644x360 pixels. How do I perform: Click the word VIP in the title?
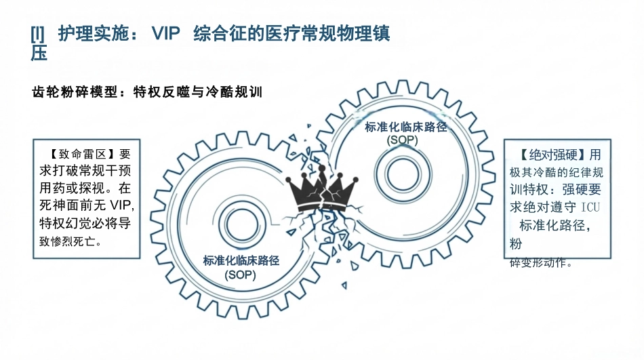pos(166,33)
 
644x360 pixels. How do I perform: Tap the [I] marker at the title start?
pos(37,34)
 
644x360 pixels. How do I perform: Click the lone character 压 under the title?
pos(39,53)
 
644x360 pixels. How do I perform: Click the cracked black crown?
pos(321,189)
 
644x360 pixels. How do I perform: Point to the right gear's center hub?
pos(403,174)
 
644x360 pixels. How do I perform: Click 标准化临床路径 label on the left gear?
pos(241,260)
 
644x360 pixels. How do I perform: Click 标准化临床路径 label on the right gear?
pos(406,127)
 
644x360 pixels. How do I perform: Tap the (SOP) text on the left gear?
pos(240,275)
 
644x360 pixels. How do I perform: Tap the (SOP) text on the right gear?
pos(403,140)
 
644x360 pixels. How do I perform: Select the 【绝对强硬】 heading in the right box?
pos(552,155)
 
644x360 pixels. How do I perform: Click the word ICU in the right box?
pos(590,207)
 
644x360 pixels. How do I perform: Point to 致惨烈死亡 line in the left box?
pos(71,241)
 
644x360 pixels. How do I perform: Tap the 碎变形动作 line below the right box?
pos(541,262)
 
